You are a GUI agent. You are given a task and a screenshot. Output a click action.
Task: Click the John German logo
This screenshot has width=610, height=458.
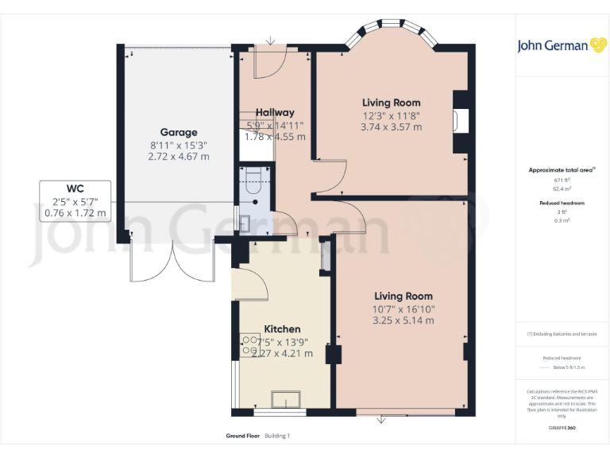point(562,45)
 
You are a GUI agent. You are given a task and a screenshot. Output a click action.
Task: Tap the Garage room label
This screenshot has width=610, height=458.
point(179,132)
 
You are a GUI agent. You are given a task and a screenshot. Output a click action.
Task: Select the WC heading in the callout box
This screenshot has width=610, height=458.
point(75,188)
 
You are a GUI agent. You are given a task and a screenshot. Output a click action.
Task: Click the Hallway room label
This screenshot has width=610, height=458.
point(275,112)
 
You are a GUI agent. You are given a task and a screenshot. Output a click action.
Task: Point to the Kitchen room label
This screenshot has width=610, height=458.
point(282,328)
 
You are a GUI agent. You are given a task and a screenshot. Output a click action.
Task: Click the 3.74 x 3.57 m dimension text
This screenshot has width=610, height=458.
point(391,126)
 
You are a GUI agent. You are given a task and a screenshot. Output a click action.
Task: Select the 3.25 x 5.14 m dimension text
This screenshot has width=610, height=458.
point(403,320)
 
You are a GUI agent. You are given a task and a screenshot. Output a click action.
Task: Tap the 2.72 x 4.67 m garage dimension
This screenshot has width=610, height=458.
point(179,157)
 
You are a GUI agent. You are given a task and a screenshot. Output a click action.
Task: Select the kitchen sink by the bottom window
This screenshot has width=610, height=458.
point(281,398)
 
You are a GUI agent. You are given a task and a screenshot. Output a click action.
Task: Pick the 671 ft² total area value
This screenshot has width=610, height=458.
point(562,180)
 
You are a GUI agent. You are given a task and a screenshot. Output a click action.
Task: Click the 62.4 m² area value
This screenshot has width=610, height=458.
point(562,189)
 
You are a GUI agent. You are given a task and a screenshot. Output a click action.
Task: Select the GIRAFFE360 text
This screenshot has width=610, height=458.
point(562,428)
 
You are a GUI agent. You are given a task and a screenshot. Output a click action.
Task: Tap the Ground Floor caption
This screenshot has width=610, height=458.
point(242,437)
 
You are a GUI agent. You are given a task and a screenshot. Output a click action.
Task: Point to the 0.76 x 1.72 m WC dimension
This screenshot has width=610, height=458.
point(75,212)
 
